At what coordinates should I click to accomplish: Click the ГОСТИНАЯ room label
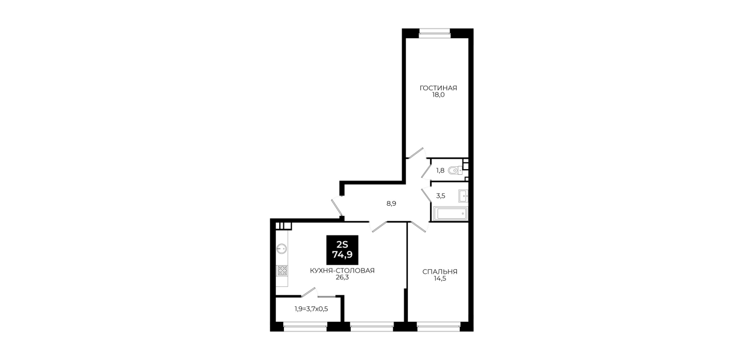coord(438,88)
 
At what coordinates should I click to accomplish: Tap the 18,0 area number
coord(438,95)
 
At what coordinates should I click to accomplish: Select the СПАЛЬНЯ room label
coord(440,272)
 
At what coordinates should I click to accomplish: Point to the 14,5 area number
coord(440,279)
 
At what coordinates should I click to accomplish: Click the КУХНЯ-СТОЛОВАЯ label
coord(342,271)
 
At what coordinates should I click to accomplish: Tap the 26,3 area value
coord(342,278)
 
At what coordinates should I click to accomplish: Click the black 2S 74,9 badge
coord(342,250)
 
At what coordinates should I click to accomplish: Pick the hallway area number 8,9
coord(391,204)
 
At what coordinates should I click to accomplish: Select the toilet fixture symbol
coord(455,170)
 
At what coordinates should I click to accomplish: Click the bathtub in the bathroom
coord(451,214)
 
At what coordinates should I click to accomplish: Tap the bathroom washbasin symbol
coord(463,196)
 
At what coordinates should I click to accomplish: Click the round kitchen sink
coord(282,249)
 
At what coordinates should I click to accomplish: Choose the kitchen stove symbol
coord(282,270)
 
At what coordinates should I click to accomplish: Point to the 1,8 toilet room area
coord(440,170)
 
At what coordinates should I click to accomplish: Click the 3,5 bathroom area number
coord(440,196)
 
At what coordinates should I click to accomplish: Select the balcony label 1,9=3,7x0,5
coord(311,309)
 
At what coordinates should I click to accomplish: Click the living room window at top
coord(435,31)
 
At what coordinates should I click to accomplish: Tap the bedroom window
coord(439,326)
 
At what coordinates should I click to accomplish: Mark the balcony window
coord(305,326)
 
